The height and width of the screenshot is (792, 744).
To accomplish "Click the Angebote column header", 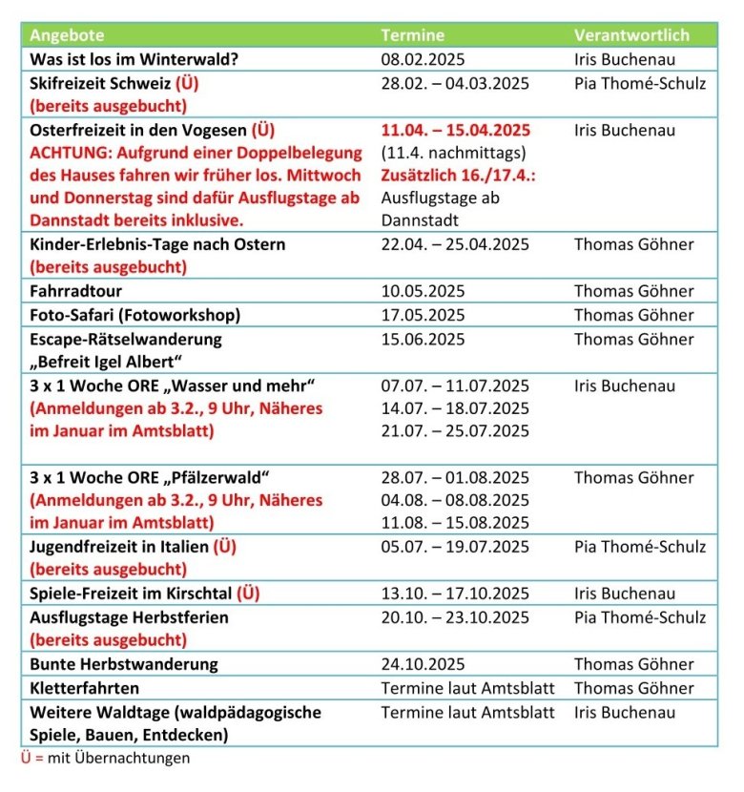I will [67, 35].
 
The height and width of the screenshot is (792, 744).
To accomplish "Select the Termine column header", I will [412, 35].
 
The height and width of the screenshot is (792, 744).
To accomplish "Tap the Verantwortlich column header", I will [631, 35].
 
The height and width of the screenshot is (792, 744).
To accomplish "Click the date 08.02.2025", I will [424, 59].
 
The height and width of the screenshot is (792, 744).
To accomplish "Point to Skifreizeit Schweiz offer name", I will [103, 83].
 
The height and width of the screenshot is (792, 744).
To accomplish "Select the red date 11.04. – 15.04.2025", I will [455, 130].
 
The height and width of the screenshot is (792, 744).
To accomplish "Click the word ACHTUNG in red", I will [69, 153].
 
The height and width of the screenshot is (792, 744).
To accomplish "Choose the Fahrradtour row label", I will [76, 291].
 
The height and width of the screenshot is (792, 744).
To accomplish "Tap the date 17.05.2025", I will [424, 315].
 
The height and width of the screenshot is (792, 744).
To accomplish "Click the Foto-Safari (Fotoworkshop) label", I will [134, 315].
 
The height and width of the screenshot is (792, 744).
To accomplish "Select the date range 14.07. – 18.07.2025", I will [455, 408].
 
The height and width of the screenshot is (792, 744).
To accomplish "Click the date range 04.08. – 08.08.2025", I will [455, 500].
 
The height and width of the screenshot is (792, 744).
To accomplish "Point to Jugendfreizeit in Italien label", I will [119, 547].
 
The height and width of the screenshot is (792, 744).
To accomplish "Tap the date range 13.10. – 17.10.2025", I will [455, 594].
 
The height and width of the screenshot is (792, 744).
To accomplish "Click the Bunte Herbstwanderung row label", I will [124, 664].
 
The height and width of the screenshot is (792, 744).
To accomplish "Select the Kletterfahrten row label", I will [85, 688].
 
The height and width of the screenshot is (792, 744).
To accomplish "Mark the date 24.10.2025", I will [424, 664].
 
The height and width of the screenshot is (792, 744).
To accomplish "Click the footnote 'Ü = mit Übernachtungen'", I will [105, 758].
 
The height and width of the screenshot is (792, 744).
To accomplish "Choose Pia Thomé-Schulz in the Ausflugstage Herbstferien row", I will [640, 617].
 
